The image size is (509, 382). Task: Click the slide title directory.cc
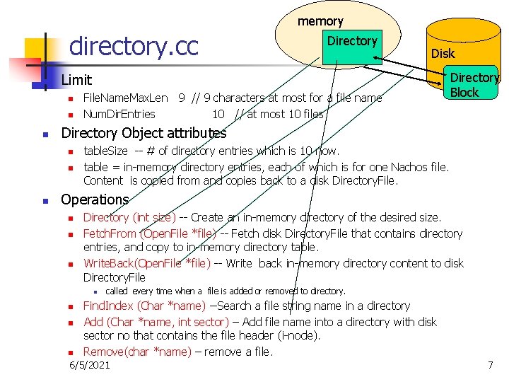click(134, 47)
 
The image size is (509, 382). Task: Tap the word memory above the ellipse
click(320, 21)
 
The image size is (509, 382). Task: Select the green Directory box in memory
click(351, 47)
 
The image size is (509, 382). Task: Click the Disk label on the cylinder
click(443, 54)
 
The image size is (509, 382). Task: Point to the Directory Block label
click(474, 85)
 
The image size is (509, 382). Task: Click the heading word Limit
click(76, 81)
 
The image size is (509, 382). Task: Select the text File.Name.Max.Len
click(125, 98)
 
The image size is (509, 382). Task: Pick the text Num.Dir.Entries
click(119, 113)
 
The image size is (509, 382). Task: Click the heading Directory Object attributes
click(144, 133)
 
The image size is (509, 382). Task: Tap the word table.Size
click(105, 151)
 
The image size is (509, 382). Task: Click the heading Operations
click(95, 199)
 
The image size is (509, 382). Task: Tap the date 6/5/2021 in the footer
click(90, 365)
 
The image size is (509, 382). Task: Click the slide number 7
click(490, 365)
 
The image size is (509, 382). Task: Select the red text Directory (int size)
click(129, 218)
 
